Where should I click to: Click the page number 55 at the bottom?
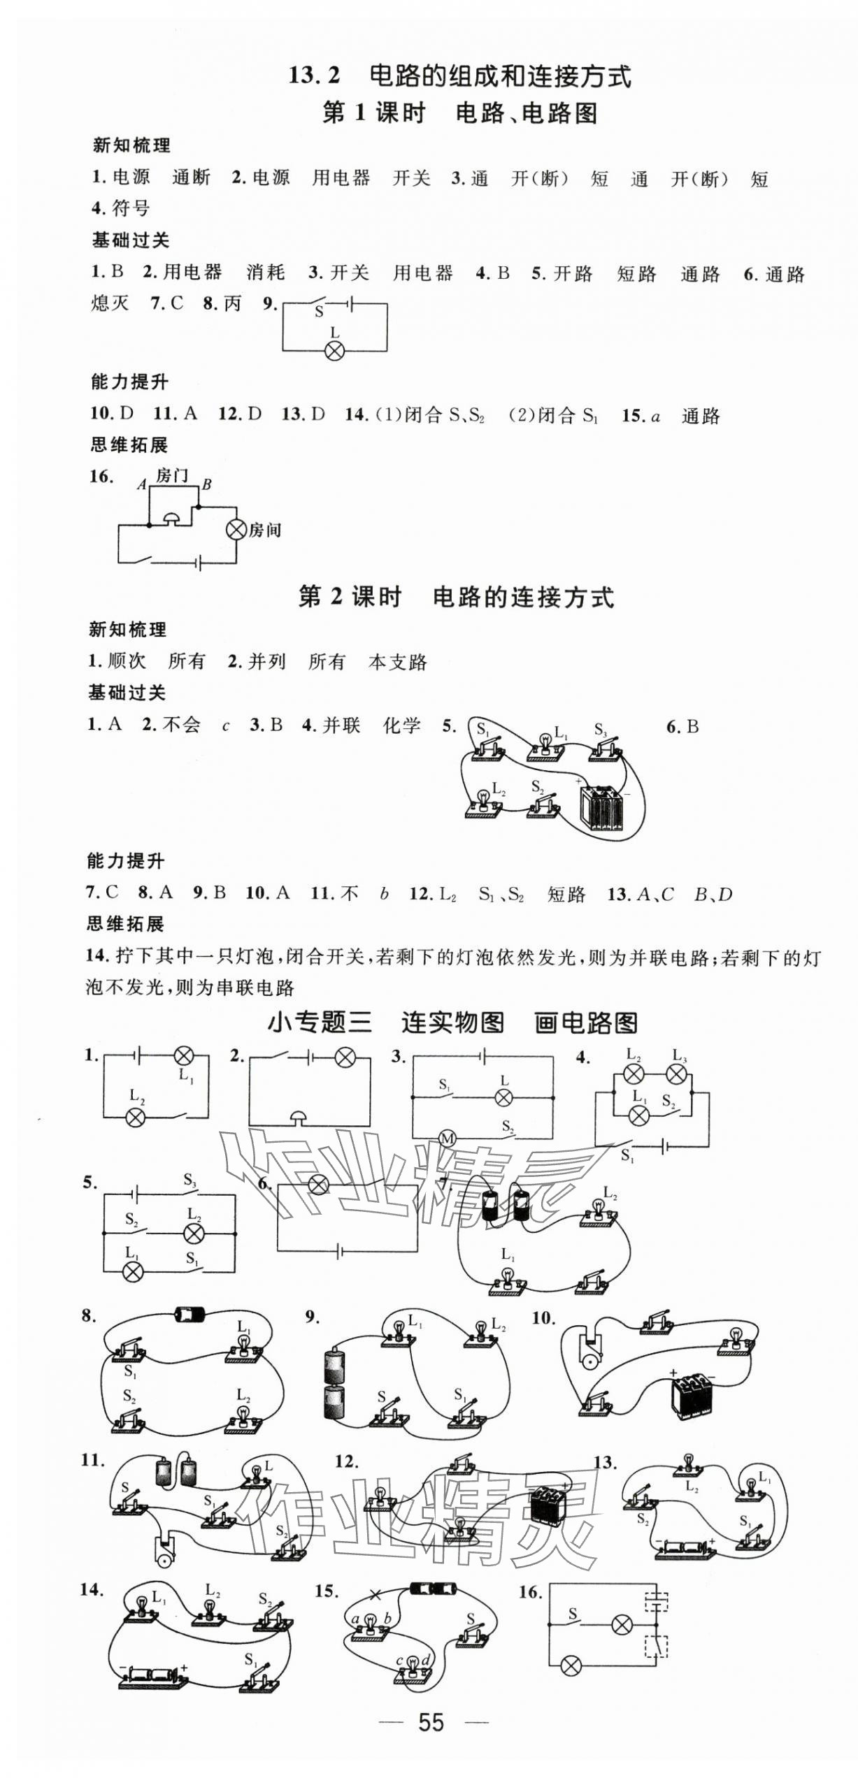pos(430,1723)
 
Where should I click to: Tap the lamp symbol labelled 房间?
pos(237,530)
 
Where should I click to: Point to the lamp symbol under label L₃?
pos(677,1074)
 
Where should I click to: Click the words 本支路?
pos(397,662)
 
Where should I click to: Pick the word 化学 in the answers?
pos(402,725)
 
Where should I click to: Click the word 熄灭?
pos(110,303)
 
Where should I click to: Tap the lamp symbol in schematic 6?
pos(319,1184)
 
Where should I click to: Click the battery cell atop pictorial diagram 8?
pos(190,1315)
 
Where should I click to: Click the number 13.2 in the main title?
pos(314,75)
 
